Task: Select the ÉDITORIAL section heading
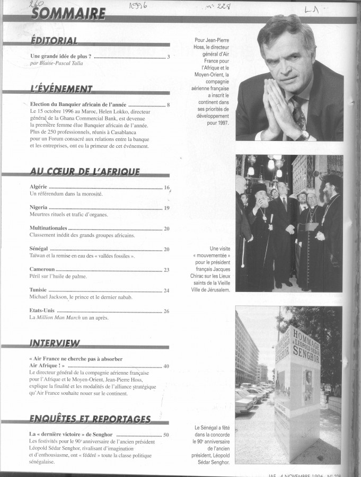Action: [x=55, y=41]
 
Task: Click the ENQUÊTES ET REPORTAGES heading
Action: [x=91, y=420]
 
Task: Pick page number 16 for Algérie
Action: [x=166, y=188]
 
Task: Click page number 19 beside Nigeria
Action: [x=166, y=208]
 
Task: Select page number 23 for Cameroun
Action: [x=166, y=270]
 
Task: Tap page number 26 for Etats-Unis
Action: [x=166, y=311]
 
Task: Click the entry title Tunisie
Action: [x=39, y=290]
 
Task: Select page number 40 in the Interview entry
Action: [x=166, y=366]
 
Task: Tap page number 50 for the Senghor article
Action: [x=166, y=435]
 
